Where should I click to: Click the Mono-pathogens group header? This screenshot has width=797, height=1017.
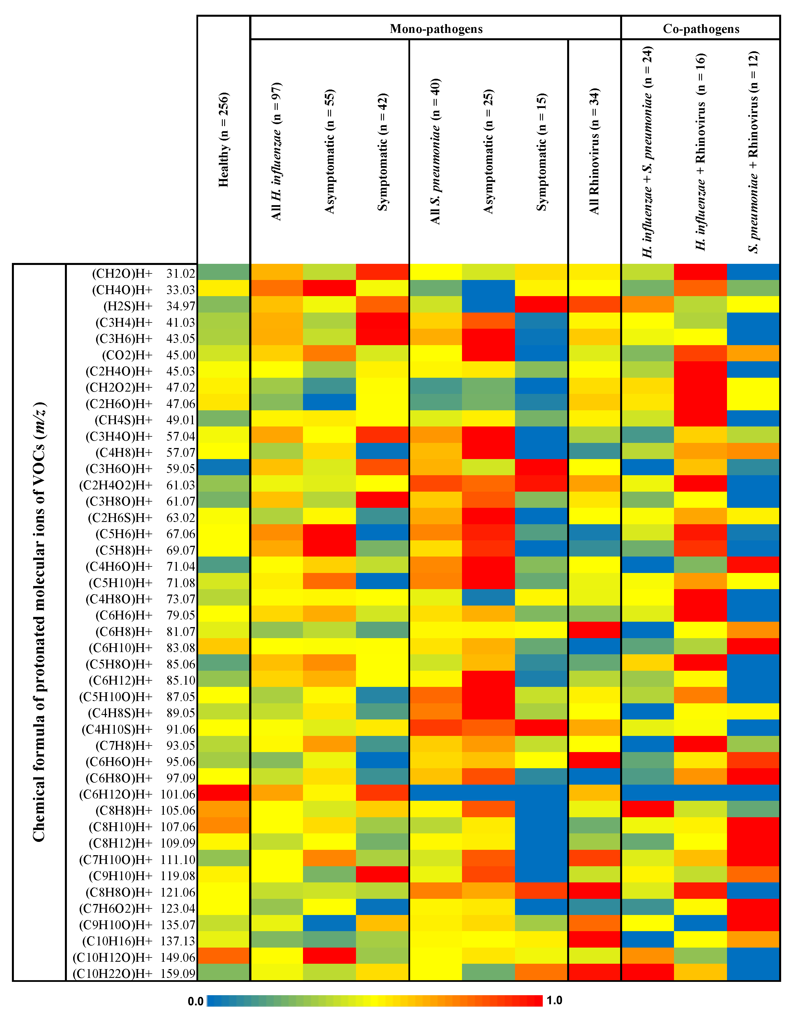click(x=436, y=29)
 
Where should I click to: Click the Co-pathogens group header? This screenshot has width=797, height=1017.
click(x=701, y=29)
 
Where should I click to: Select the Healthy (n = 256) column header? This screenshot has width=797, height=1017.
click(x=224, y=140)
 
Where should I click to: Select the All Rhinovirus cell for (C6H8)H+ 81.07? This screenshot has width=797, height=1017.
click(x=594, y=631)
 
